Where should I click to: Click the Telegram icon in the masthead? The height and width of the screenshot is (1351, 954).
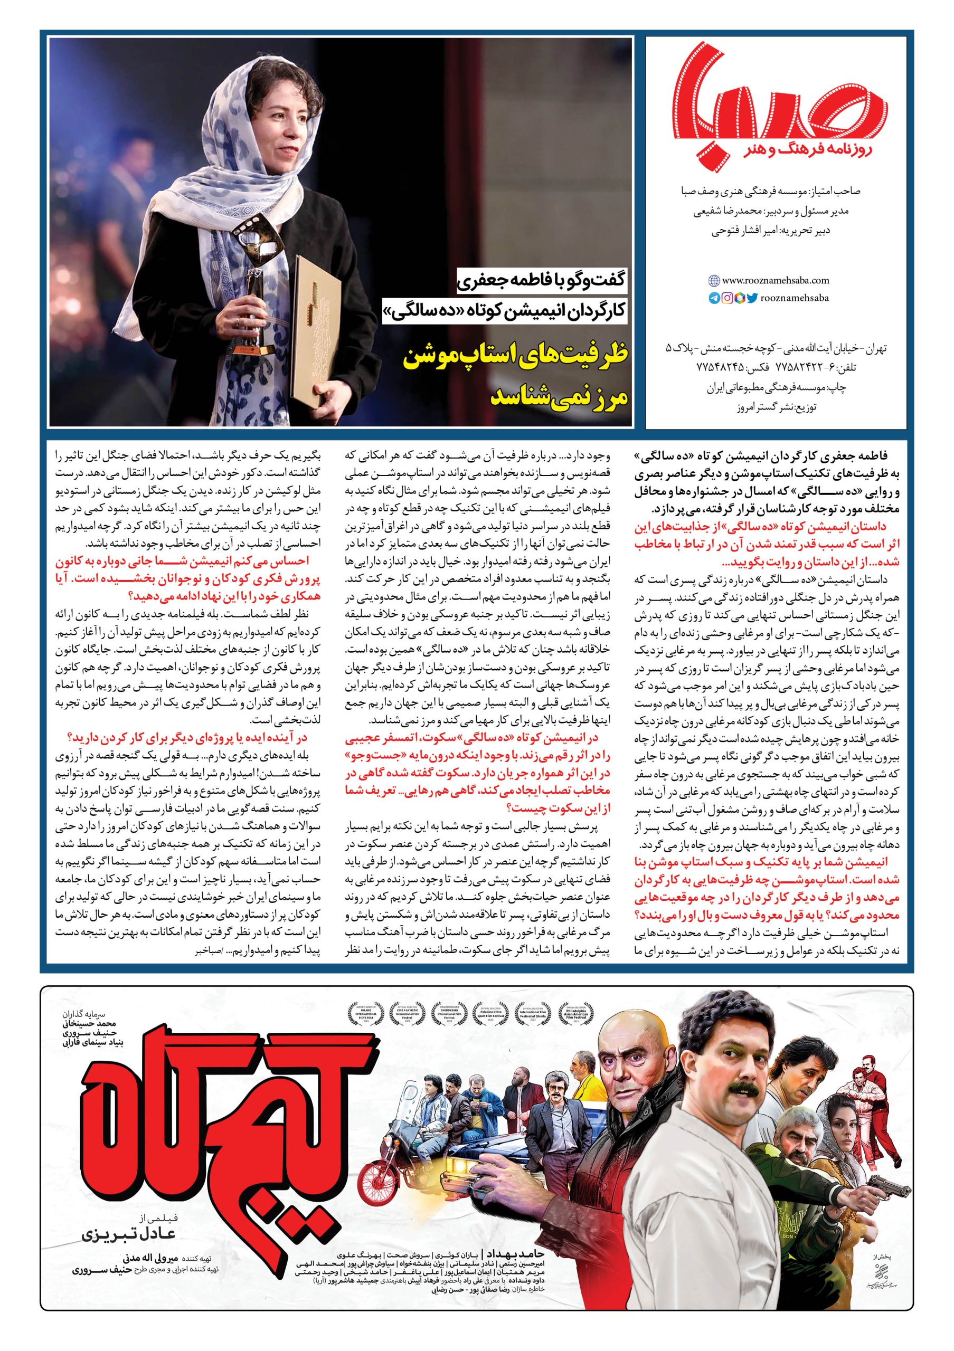point(714,298)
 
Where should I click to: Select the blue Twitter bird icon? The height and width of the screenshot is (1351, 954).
point(752,298)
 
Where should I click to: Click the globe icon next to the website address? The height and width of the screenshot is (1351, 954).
point(714,280)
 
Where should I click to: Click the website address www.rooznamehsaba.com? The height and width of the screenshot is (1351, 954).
point(767,281)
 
